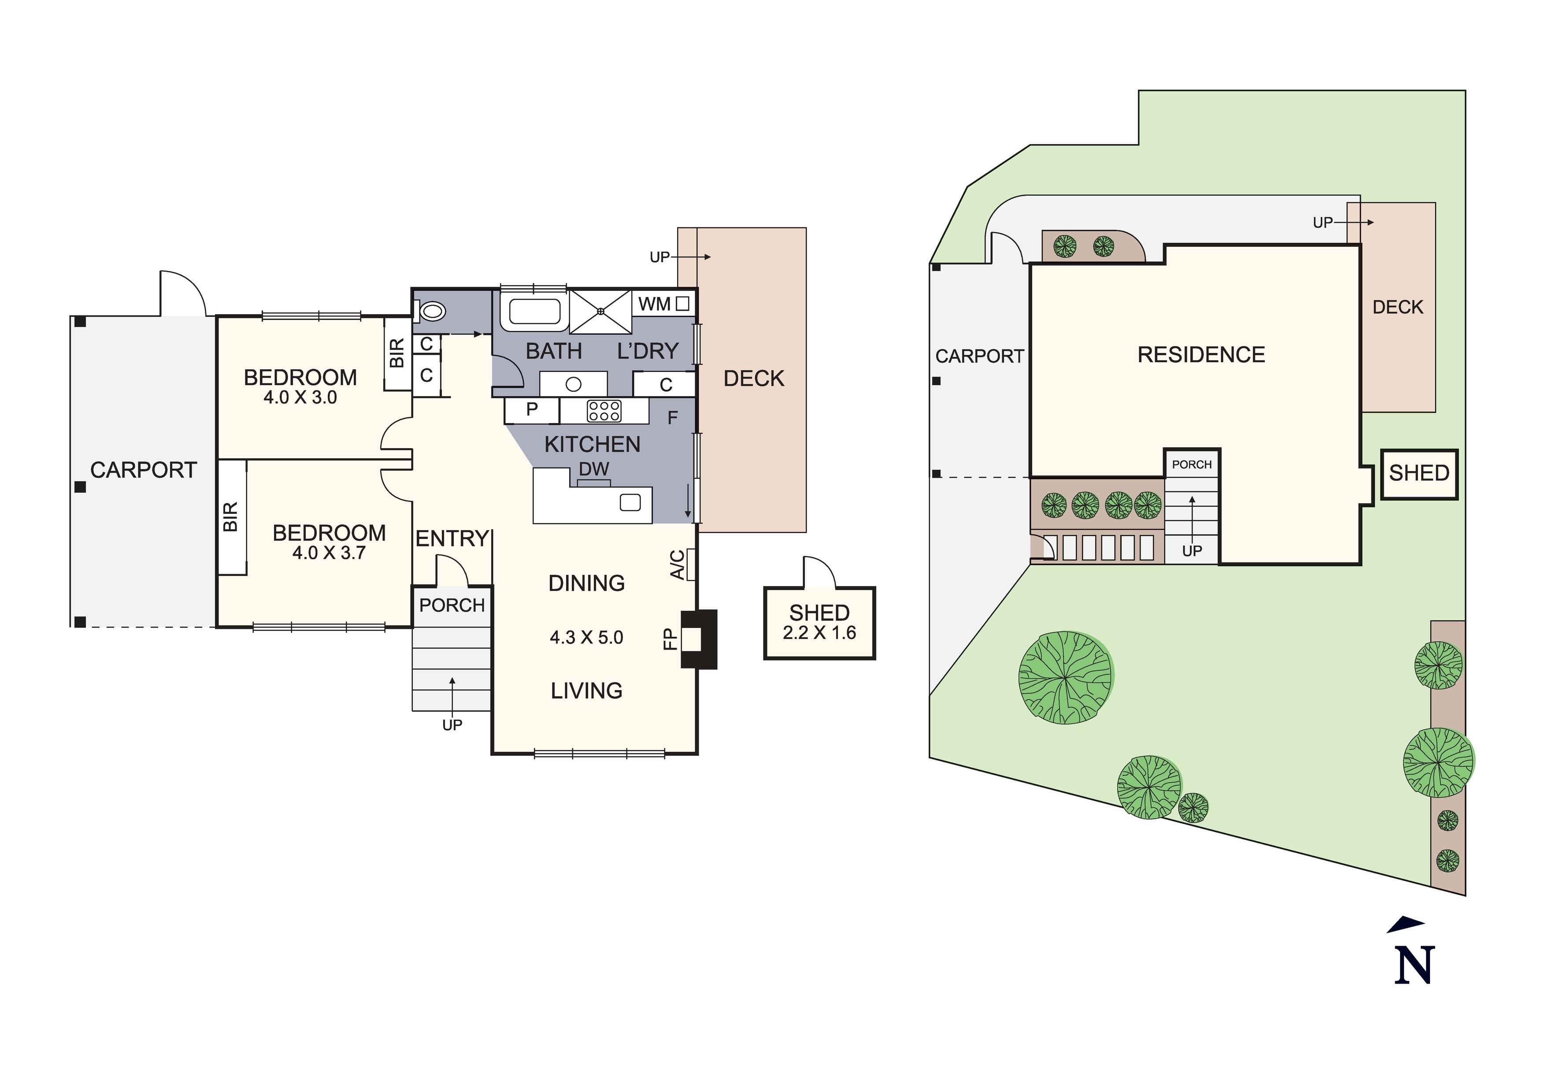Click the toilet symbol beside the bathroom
pos(432,312)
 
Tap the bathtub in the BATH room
pos(534,312)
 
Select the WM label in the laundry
pos(654,305)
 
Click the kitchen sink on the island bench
pos(630,502)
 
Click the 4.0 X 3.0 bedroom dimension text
pos(300,397)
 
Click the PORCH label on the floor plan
pos(452,605)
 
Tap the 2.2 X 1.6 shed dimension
pos(819,633)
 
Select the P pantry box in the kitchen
pos(532,409)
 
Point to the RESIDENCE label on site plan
pos(1200,355)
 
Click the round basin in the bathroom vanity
pos(573,384)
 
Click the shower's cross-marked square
pos(600,311)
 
